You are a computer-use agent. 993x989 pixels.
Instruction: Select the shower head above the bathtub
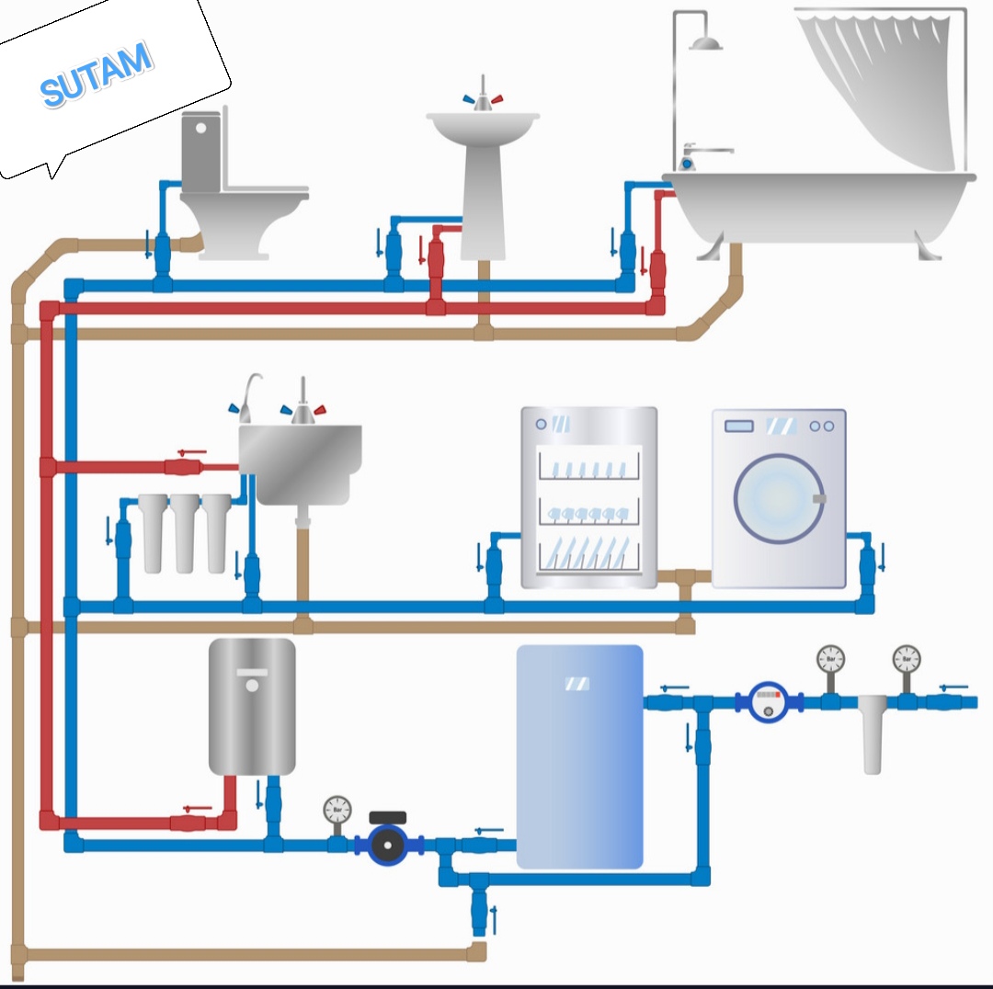tap(706, 42)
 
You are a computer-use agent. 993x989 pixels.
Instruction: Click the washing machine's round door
tap(779, 497)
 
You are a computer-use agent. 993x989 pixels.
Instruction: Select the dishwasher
tap(589, 497)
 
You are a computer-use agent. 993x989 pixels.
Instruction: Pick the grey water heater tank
tap(252, 706)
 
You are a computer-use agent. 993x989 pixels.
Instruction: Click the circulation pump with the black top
tap(388, 839)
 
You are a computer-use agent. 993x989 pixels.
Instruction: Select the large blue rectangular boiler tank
tap(579, 756)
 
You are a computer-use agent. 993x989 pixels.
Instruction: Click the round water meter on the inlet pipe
tap(769, 701)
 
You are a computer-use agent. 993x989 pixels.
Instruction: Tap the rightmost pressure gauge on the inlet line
tap(906, 659)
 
